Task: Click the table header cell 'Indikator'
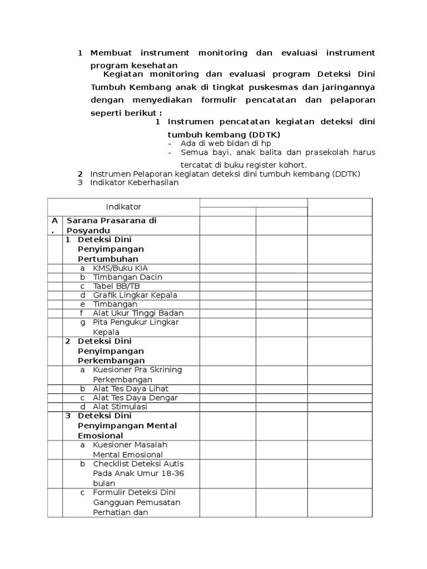tap(123, 207)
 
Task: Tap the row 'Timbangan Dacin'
tap(127, 277)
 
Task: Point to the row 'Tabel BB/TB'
tap(116, 286)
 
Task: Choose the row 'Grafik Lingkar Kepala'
tap(135, 295)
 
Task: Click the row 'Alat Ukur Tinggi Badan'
tap(138, 313)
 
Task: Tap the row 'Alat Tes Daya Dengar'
tap(135, 397)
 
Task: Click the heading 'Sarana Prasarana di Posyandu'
tap(111, 225)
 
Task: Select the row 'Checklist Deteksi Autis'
tap(138, 473)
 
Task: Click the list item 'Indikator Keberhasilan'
tap(135, 182)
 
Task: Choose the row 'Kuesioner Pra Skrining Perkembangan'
tap(137, 375)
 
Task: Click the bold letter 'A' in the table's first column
tap(54, 221)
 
